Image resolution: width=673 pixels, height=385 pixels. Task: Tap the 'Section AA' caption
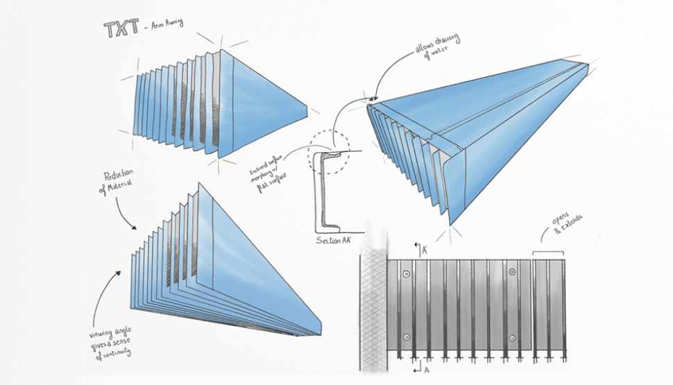coord(333,240)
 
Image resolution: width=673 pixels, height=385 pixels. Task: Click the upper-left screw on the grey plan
coord(407,275)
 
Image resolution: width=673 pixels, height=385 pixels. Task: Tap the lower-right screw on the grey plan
coord(511,338)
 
